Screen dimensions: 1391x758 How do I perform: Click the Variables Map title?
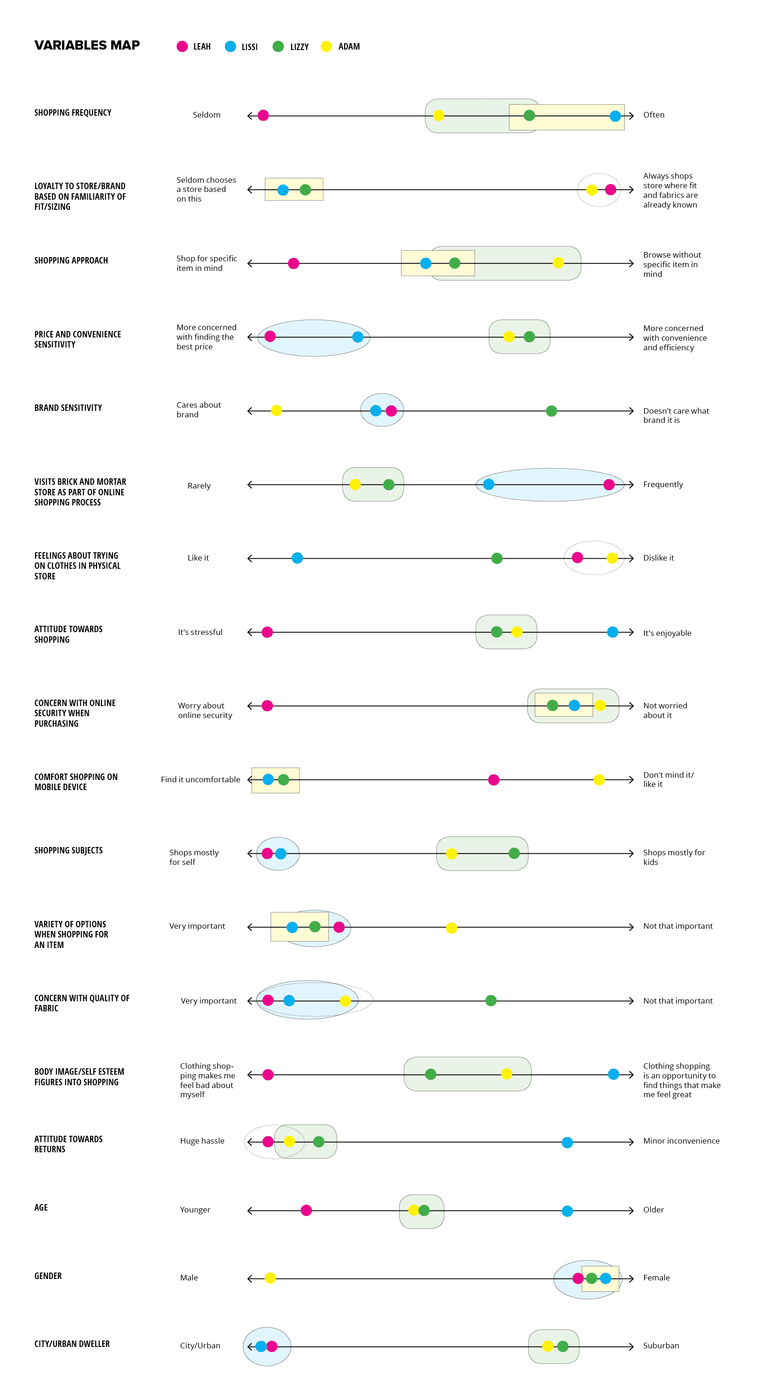coord(87,45)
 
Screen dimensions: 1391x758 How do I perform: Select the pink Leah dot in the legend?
coord(182,46)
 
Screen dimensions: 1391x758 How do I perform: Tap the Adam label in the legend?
coord(349,47)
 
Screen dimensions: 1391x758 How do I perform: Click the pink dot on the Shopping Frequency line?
coord(263,116)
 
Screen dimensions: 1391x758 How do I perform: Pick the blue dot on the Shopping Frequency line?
coord(615,116)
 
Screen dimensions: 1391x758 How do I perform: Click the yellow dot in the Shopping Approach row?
coord(558,263)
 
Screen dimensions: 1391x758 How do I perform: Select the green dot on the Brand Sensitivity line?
coord(551,411)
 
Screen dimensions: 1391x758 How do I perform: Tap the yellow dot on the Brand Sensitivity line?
coord(276,411)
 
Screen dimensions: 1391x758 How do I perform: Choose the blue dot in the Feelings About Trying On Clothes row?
coord(297,558)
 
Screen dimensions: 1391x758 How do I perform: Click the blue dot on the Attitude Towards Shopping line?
coord(612,632)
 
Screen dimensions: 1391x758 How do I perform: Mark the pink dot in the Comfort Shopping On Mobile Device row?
coord(493,780)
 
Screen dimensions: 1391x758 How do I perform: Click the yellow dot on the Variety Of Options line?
coord(452,928)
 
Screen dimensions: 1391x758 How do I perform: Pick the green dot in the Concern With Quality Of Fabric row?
coord(491,1001)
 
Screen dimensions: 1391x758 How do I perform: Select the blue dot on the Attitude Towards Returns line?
coord(567,1143)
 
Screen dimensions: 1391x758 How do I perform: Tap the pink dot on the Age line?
coord(306,1211)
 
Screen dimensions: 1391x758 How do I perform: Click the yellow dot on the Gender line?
coord(270,1278)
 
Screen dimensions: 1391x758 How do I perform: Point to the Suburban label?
coord(661,1346)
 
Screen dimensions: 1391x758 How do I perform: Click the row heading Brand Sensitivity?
coord(68,408)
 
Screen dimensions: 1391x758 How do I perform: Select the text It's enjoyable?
coord(667,634)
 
